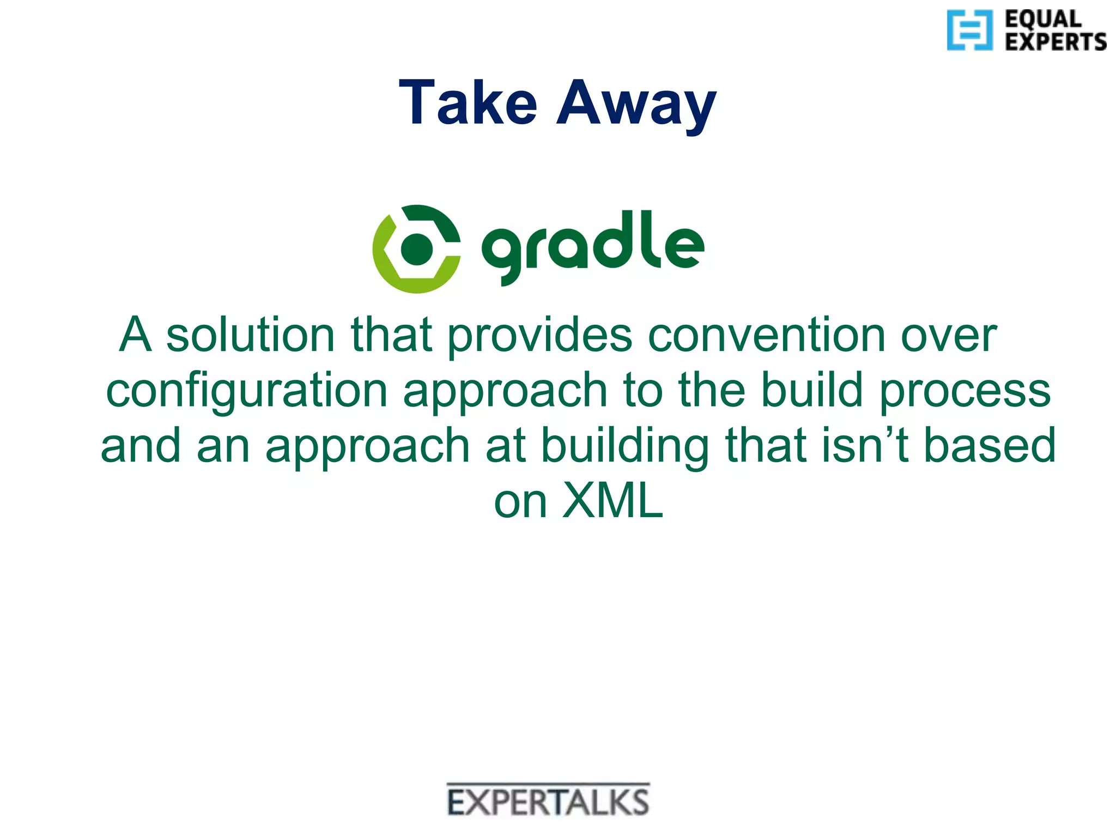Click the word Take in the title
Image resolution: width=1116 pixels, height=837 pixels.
[x=468, y=102]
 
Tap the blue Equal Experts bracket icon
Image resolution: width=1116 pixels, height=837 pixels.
[x=969, y=30]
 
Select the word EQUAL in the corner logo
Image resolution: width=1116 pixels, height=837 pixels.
[x=1043, y=19]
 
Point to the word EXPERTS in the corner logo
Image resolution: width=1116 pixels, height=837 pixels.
[x=1056, y=42]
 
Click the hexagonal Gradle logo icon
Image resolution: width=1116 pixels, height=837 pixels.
[x=416, y=249]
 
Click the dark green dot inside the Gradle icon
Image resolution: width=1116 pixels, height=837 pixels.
[x=416, y=249]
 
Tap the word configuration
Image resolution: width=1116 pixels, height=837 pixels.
[x=246, y=391]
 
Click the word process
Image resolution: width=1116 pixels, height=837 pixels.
[x=965, y=391]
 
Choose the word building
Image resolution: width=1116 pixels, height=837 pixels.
[x=625, y=446]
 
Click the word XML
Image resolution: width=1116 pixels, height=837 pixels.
[x=612, y=500]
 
